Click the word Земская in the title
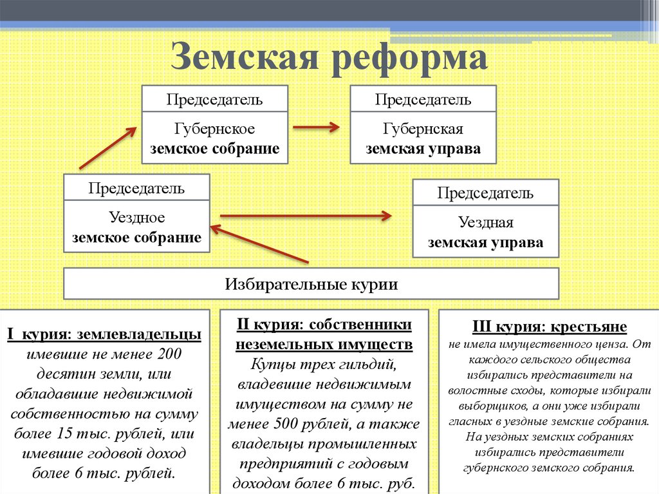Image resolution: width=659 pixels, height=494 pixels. (x=244, y=56)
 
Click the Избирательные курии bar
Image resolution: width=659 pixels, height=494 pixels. (x=311, y=283)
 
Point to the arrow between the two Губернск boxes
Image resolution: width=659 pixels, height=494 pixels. (x=316, y=127)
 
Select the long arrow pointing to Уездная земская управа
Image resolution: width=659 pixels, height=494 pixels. (x=306, y=216)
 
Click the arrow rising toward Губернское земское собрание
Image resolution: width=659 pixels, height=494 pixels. (x=108, y=147)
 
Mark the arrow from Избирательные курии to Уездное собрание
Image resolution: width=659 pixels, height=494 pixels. (x=259, y=245)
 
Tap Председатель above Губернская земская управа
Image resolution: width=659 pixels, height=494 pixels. (x=423, y=99)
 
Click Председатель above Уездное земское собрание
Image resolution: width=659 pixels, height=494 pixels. (x=136, y=188)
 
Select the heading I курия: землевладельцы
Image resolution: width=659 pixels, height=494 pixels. (x=104, y=334)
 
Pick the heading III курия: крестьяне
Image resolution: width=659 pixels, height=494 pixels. (x=550, y=327)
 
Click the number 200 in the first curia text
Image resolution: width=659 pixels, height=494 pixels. (x=169, y=354)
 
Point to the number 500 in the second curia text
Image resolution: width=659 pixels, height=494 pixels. (x=286, y=423)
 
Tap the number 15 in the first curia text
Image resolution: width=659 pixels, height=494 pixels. (x=64, y=433)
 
